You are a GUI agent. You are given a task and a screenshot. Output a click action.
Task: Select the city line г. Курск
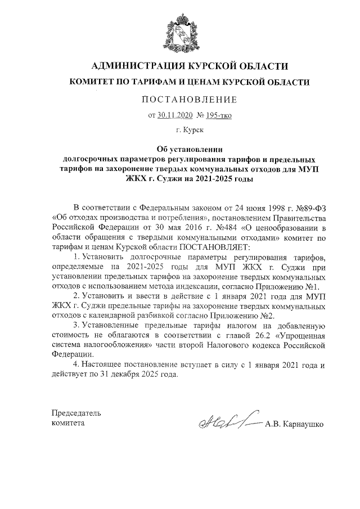tap(180, 130)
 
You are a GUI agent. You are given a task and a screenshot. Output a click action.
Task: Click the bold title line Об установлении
tap(180, 150)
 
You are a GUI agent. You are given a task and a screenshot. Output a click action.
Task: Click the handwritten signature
tap(225, 420)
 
